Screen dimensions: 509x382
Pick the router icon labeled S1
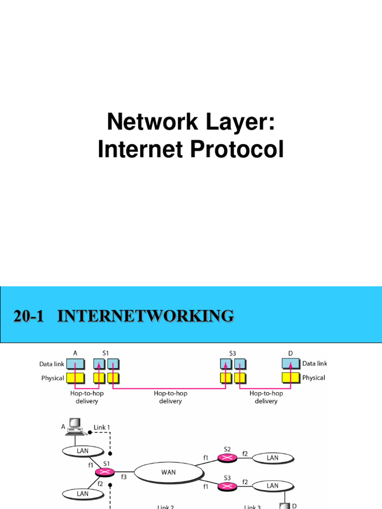tap(106, 471)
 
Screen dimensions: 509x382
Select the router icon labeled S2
tap(227, 457)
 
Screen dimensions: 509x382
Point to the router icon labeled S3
tap(227, 486)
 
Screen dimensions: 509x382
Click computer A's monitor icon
tap(75, 423)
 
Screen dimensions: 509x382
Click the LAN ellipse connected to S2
tap(273, 457)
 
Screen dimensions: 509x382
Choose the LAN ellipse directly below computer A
tap(83, 450)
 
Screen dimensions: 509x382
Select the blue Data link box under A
tap(75, 364)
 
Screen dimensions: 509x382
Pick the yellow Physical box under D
tap(291, 378)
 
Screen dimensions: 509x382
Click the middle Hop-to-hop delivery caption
tap(171, 397)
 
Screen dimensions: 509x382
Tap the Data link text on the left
tap(52, 364)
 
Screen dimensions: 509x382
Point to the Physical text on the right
tap(313, 378)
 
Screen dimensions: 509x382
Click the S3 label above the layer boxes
tap(233, 353)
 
